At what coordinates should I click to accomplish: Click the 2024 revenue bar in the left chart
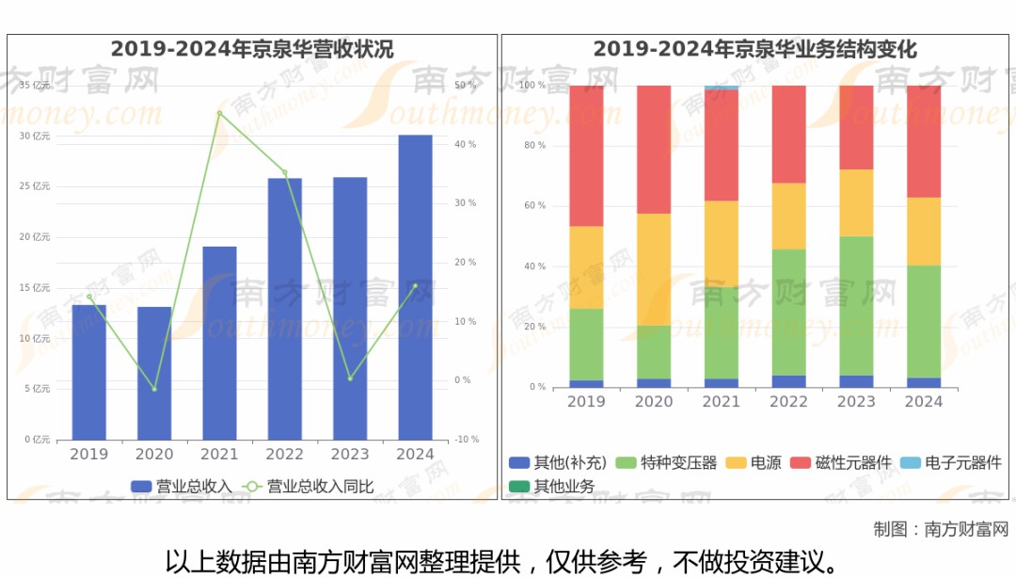tap(415, 287)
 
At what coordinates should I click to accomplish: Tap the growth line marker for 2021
tap(219, 114)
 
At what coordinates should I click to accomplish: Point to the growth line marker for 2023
tap(350, 378)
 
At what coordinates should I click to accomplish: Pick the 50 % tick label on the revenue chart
tap(465, 86)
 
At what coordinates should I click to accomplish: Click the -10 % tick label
tap(467, 440)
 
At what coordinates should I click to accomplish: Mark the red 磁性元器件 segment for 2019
tap(586, 155)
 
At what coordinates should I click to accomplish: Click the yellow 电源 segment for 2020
tap(654, 269)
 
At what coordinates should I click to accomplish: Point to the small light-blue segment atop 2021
tap(722, 88)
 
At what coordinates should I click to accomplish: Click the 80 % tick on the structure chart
tap(534, 146)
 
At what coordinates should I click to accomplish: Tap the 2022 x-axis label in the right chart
tap(788, 402)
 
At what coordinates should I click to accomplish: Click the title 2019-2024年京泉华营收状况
tap(252, 49)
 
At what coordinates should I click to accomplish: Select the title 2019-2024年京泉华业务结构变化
tap(754, 49)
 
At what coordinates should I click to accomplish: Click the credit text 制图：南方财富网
tap(940, 529)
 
